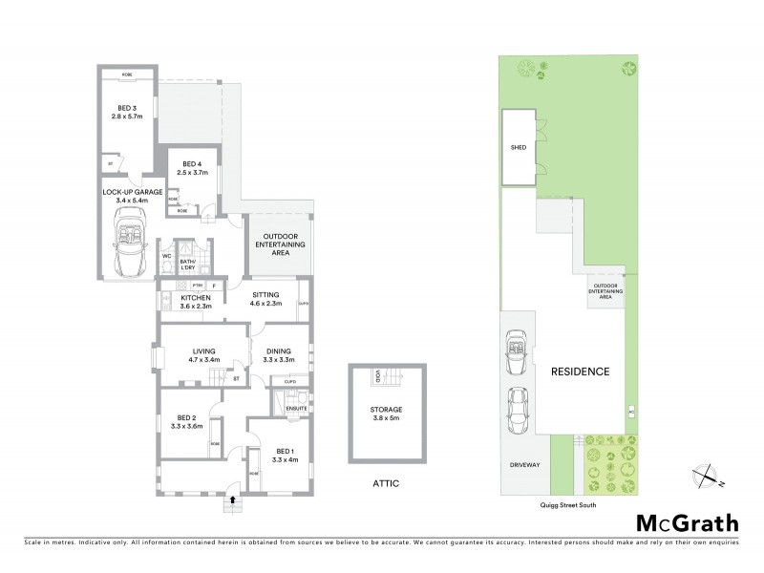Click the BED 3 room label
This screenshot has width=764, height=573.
tap(126, 107)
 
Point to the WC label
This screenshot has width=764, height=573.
tap(166, 256)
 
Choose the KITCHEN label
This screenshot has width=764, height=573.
tap(196, 297)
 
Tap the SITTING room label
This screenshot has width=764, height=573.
tap(267, 297)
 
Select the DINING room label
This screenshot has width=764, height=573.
tap(281, 350)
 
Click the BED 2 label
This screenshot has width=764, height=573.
tap(186, 417)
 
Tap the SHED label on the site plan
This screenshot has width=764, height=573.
tap(519, 149)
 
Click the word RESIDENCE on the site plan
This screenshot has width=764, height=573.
tap(580, 371)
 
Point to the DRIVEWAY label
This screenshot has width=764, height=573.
tap(525, 465)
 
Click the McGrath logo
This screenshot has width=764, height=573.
tap(687, 522)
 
